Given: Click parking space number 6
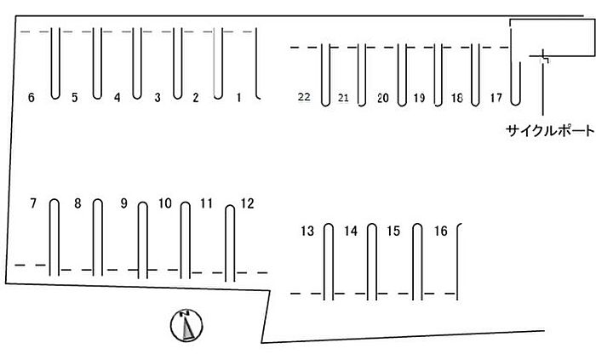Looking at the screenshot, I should [32, 98].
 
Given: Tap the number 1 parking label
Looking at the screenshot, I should [238, 98].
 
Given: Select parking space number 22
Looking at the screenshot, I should [304, 97].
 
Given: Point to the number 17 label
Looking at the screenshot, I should [496, 98].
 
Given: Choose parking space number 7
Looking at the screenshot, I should [33, 203].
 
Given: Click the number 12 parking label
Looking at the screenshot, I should [247, 203].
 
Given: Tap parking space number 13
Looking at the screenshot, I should [307, 231].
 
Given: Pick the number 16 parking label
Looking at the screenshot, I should [440, 231].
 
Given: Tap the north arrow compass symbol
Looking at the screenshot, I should [186, 324].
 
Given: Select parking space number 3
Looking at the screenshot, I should [157, 98].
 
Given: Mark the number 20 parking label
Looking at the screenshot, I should [382, 98].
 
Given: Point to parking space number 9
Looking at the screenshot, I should [123, 203].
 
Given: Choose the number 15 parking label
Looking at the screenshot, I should [393, 231].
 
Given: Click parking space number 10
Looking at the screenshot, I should [165, 203].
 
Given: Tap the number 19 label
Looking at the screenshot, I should [419, 98].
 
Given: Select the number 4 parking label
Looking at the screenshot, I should [117, 98].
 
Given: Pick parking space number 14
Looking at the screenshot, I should [351, 231].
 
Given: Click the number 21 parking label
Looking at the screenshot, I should [343, 98].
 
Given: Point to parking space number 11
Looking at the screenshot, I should [206, 203].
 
